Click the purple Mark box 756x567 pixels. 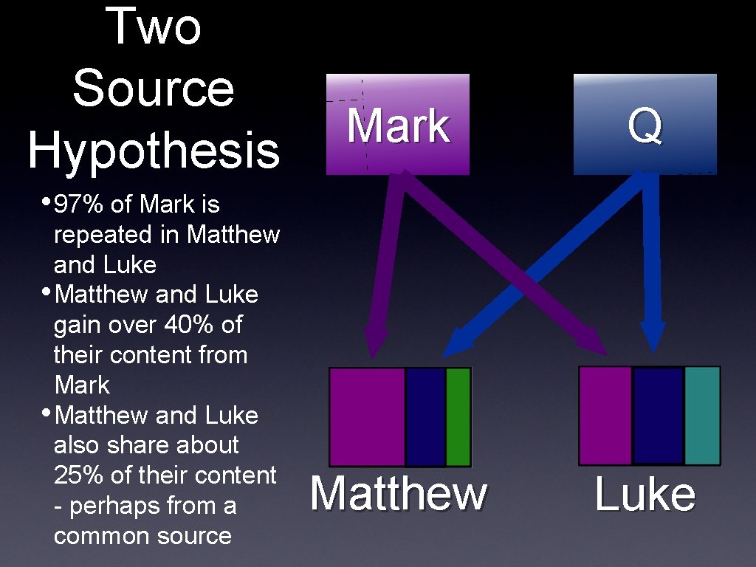click(398, 124)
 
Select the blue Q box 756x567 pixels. click(645, 124)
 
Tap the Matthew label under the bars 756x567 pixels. click(399, 494)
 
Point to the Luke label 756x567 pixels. click(645, 494)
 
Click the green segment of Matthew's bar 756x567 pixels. click(458, 416)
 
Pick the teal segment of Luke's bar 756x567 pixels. click(701, 415)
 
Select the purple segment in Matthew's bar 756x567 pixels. click(367, 416)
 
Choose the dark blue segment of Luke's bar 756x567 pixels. click(658, 415)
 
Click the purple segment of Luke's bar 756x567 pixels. click(605, 415)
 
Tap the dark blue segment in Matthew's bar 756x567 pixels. click(425, 416)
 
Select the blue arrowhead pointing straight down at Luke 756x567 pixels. click(653, 336)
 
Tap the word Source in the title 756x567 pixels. click(154, 88)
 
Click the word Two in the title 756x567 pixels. click(154, 28)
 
